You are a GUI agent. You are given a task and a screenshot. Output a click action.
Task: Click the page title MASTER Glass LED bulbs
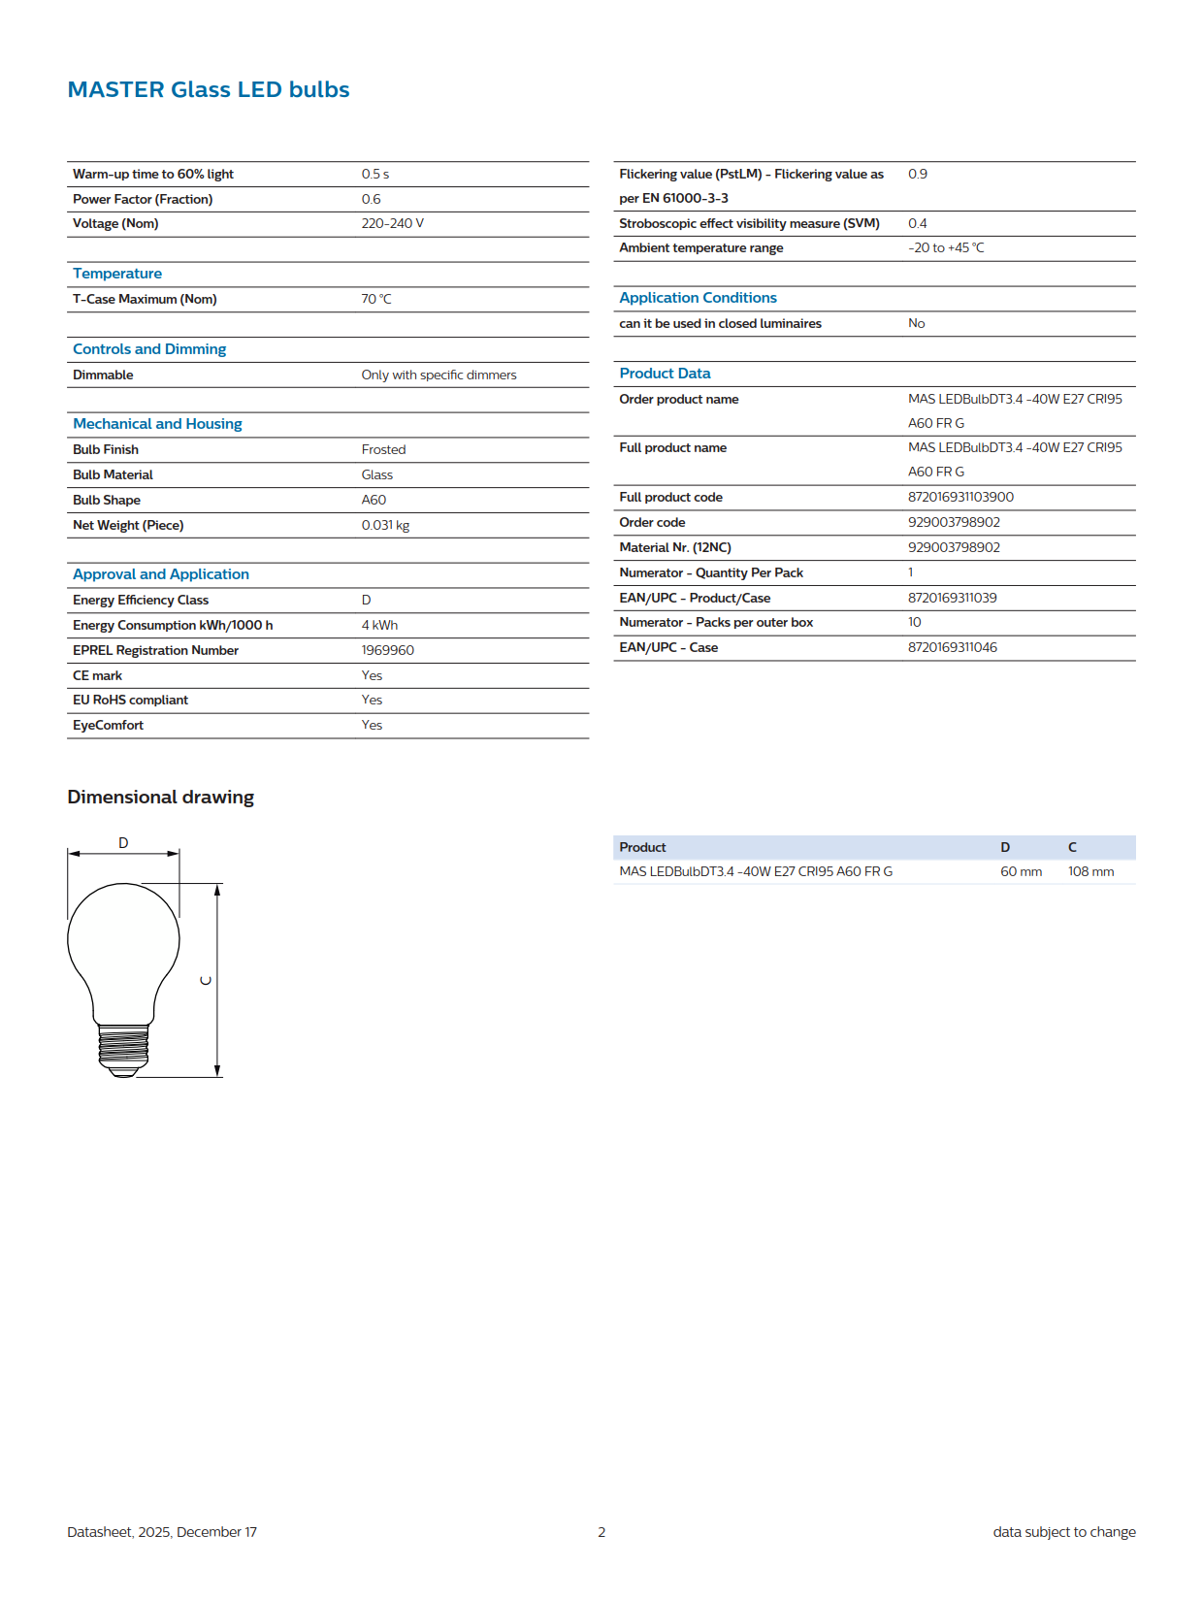point(209,89)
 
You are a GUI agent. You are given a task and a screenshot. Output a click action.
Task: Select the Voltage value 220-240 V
point(392,223)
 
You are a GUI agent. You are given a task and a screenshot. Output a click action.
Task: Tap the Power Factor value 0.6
point(371,199)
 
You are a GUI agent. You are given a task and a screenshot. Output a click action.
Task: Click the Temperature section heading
point(117,274)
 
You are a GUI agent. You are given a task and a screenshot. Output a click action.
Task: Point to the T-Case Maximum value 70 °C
point(376,299)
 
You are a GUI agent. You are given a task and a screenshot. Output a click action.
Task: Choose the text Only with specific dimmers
point(439,375)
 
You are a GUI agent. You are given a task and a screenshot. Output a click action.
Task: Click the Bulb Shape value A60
point(374,500)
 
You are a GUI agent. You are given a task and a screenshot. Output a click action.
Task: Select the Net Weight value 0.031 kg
point(385,525)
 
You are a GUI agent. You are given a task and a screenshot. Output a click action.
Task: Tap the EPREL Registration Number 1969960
point(387,650)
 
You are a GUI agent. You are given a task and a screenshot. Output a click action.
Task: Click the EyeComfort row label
point(108,725)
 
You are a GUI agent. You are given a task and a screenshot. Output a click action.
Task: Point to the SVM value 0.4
point(917,223)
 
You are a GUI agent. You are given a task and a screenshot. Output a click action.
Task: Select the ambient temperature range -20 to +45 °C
point(946,247)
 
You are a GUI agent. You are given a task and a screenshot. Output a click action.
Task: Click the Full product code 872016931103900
point(960,497)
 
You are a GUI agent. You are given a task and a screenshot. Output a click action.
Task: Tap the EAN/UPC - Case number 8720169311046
point(952,647)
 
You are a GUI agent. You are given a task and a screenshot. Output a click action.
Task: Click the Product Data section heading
point(665,374)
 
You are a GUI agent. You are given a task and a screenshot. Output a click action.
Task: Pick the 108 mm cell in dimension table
point(1090,871)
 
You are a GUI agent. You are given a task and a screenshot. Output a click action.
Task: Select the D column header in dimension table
point(1005,847)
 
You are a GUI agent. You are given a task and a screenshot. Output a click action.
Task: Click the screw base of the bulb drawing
point(123,1048)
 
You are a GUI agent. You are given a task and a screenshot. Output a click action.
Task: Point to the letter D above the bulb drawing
point(123,842)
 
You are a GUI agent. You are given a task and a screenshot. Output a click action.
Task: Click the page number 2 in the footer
point(601,1532)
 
